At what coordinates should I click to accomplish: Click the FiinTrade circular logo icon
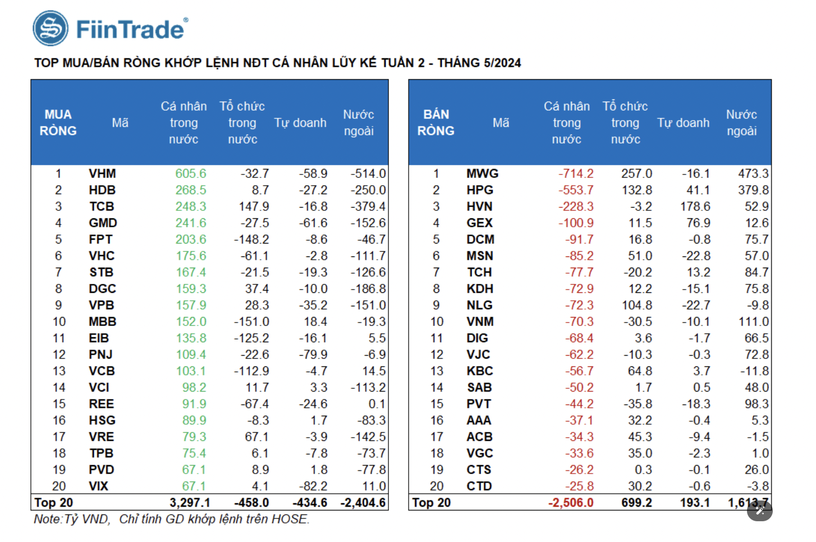(x=51, y=29)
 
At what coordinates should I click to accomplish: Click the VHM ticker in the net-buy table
(x=102, y=174)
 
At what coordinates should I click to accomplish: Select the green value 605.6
(x=190, y=174)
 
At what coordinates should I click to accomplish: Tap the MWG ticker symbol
(x=482, y=174)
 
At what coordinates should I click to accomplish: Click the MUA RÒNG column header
(x=58, y=122)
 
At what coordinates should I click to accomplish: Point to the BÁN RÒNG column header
(x=435, y=122)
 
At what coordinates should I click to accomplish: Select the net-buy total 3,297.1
(x=190, y=503)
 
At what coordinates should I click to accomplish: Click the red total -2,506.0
(x=571, y=503)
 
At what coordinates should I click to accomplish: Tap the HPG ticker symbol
(x=480, y=190)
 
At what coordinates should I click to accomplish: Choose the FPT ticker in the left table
(x=100, y=240)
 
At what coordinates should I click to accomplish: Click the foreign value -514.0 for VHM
(x=368, y=174)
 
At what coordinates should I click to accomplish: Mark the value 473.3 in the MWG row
(x=753, y=174)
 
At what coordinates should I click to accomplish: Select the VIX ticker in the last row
(x=98, y=486)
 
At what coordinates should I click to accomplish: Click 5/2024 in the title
(x=501, y=63)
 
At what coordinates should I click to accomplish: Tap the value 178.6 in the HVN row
(x=695, y=206)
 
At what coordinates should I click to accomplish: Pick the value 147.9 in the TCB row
(x=254, y=206)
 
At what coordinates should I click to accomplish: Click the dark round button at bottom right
(x=759, y=510)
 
